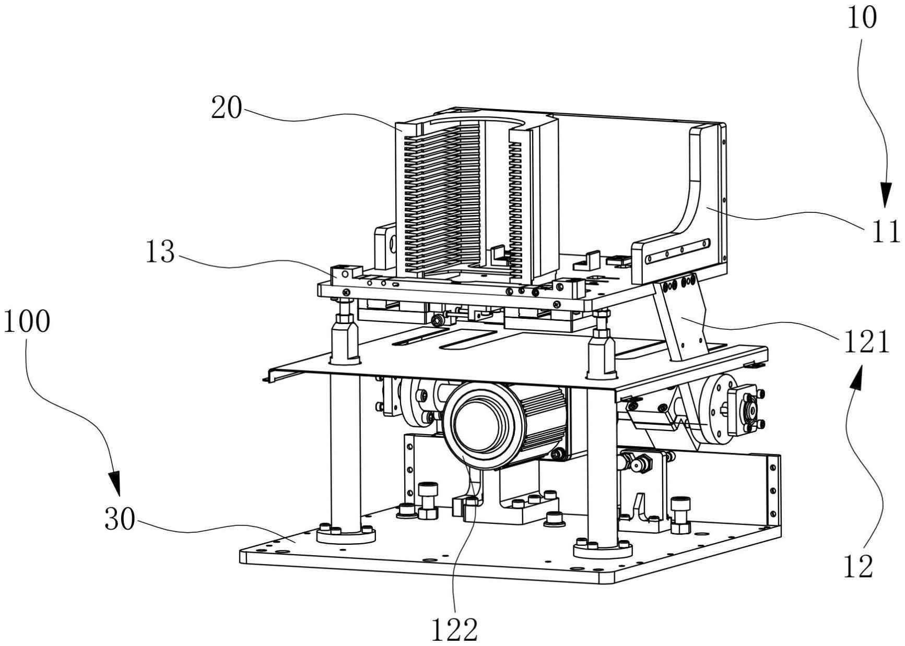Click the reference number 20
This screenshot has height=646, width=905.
pos(227,109)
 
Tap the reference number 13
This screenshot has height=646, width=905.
pos(160,253)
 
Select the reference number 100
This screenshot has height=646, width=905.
pos(27,322)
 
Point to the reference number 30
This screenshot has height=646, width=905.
pos(120,519)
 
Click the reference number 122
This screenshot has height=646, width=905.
pos(454,630)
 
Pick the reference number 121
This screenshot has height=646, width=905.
pos(866,343)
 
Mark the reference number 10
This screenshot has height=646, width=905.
pos(862,18)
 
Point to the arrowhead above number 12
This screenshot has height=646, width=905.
pos(855,377)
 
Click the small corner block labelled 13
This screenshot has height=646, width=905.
pos(345,273)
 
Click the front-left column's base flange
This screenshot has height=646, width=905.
pos(346,534)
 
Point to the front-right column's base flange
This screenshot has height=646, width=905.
pos(603,548)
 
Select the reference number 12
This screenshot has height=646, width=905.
pos(858,566)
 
